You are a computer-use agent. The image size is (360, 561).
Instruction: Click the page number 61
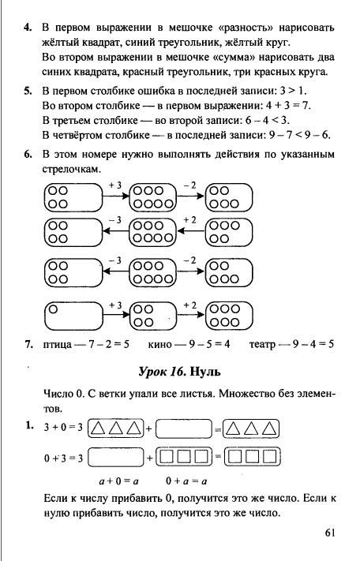pos(330,533)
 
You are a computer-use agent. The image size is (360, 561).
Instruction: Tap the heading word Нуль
pos(205,372)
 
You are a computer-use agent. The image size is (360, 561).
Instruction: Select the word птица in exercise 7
pos(58,345)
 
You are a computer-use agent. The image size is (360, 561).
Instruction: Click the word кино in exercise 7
pos(159,345)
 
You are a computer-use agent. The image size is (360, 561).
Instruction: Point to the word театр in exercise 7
pos(262,345)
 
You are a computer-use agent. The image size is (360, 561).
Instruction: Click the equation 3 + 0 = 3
pos(63,427)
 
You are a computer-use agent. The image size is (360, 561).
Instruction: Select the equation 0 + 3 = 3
pos(63,458)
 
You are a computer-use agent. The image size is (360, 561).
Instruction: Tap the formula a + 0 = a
pos(118,481)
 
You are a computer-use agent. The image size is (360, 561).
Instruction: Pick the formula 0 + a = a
pos(186,481)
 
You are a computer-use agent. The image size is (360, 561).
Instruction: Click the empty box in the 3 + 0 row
pos(184,428)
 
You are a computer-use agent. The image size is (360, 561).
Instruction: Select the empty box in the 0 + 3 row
pos(115,457)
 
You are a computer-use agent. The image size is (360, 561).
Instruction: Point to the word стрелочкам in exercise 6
pos(72,169)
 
